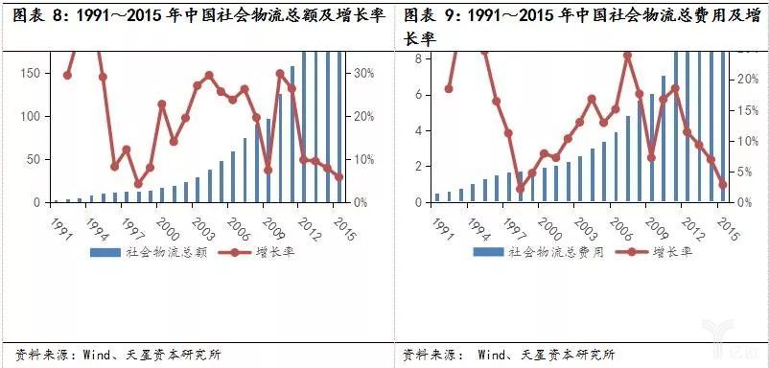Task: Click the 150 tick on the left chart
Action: click(31, 74)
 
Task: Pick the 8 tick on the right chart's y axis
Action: click(418, 58)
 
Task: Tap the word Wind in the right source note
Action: click(496, 355)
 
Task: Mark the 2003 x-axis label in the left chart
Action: click(199, 224)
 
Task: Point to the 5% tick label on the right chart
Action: click(749, 172)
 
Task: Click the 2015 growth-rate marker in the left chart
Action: click(338, 176)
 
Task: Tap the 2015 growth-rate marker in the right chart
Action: click(723, 185)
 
